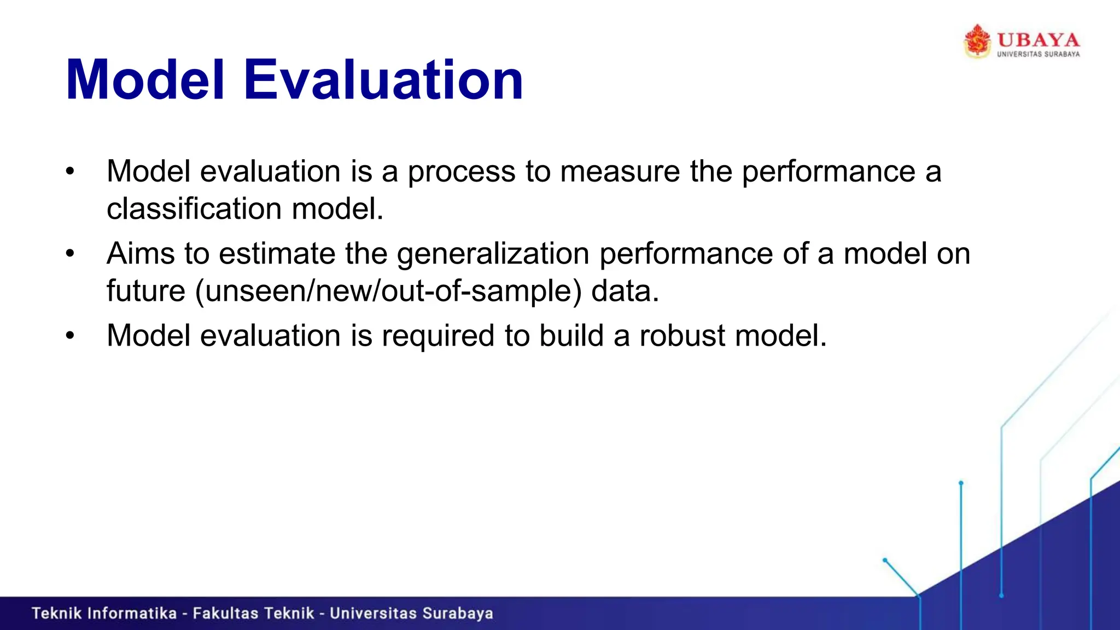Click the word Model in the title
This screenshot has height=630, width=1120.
(145, 80)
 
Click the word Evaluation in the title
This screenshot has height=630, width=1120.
(383, 80)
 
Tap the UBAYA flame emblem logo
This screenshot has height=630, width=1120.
(977, 41)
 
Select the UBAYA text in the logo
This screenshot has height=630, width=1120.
(1038, 40)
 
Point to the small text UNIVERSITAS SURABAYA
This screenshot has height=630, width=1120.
(1038, 54)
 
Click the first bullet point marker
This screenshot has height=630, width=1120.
(69, 172)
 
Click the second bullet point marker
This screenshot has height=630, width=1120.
(69, 254)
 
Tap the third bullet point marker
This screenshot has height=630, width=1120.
(69, 336)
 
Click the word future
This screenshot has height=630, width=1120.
(145, 291)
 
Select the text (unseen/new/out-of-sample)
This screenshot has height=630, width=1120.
(388, 291)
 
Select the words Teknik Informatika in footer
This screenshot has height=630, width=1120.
(104, 614)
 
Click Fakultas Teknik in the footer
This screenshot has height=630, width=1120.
(253, 614)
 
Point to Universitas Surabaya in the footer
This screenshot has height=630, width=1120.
(411, 614)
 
